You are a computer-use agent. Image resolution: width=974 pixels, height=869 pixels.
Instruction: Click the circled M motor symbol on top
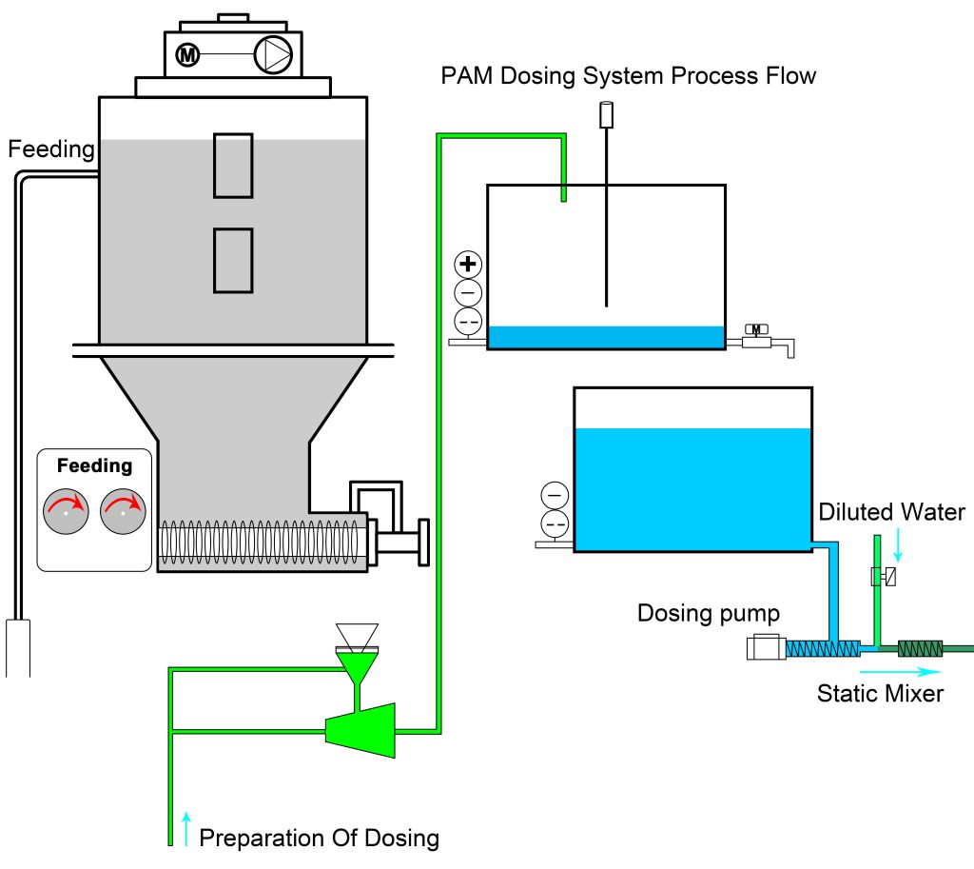click(x=187, y=54)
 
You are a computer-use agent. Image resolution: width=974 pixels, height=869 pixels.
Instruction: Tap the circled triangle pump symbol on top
click(x=273, y=54)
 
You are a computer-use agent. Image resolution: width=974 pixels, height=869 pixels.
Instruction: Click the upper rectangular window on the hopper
click(x=233, y=166)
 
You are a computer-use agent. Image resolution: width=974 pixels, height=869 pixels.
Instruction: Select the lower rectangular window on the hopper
click(x=233, y=261)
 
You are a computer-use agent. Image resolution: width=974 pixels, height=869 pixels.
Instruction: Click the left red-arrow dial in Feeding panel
click(x=66, y=511)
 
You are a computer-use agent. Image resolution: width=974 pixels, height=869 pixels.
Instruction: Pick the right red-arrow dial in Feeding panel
click(x=123, y=511)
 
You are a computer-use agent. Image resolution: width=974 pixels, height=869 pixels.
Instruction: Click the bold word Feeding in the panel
click(x=94, y=465)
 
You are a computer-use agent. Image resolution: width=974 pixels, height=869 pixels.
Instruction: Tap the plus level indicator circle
click(x=468, y=264)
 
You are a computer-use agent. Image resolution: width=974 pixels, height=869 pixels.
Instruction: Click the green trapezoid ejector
click(x=360, y=730)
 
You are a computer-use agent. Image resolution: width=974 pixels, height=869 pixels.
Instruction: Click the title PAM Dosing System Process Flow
click(x=628, y=76)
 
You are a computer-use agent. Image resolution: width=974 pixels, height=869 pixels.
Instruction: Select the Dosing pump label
click(x=709, y=614)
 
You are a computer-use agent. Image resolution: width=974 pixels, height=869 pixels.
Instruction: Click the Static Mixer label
click(x=880, y=693)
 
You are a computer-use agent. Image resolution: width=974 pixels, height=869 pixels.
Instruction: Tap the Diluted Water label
click(x=892, y=511)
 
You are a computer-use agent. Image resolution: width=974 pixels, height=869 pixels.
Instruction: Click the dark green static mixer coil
click(x=921, y=649)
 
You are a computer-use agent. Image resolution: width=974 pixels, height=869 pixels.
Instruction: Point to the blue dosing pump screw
click(x=823, y=649)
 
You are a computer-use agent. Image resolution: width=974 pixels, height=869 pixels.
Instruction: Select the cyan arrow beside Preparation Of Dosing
click(x=186, y=828)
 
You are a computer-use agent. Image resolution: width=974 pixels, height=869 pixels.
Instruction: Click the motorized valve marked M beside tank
click(x=756, y=336)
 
